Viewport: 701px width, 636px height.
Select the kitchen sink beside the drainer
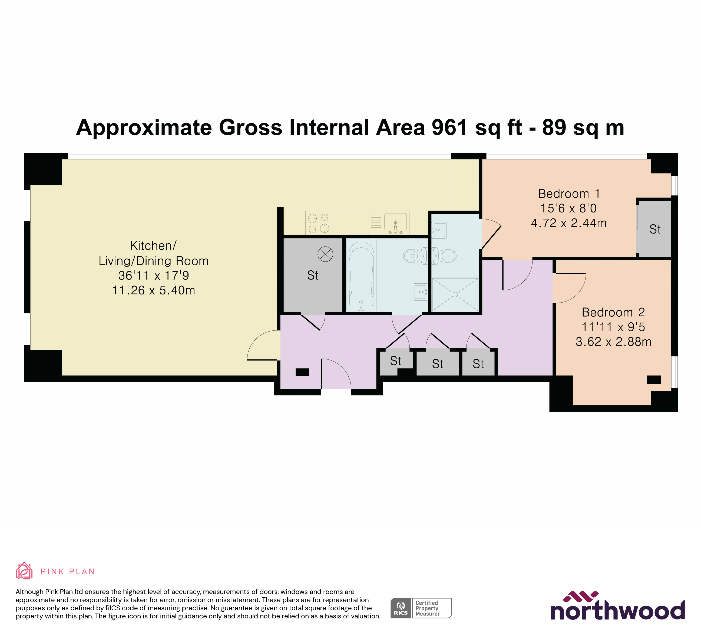click(395, 222)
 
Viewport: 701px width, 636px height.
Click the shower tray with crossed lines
click(455, 294)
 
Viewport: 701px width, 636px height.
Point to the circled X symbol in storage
click(325, 254)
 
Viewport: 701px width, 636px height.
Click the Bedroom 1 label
click(569, 194)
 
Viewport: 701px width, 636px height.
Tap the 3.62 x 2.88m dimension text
click(613, 342)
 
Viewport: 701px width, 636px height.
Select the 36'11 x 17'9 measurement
click(153, 276)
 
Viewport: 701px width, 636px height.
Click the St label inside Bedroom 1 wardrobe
click(655, 229)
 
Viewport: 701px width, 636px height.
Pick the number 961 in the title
click(449, 128)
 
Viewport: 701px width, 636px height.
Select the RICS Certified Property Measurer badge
click(421, 608)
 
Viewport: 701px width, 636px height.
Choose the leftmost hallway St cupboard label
click(396, 361)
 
